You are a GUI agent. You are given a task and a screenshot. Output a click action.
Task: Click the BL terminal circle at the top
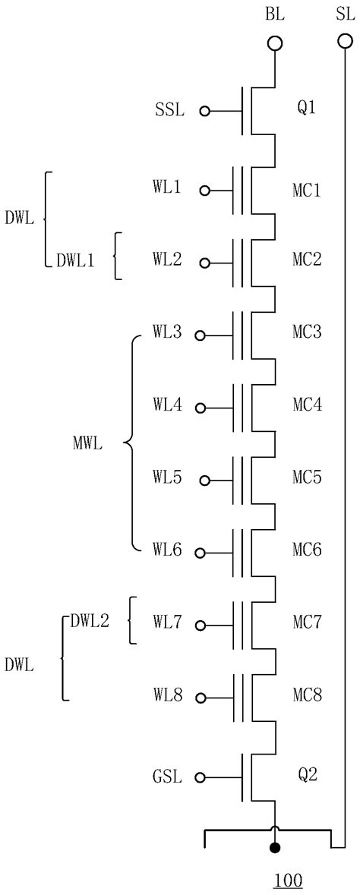[x=274, y=44]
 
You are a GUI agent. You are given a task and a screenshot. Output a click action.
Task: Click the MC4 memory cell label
[x=307, y=405]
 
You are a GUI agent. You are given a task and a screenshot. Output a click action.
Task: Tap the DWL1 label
[x=75, y=260]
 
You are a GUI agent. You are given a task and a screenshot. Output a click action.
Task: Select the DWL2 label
[x=90, y=621]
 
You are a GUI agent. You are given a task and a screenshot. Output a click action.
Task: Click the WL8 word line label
[x=167, y=696]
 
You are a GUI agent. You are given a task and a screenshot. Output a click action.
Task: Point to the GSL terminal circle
[x=201, y=777]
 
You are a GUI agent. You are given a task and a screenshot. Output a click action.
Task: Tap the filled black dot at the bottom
[x=274, y=847]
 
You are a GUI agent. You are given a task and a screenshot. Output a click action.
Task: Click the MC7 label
[x=307, y=623]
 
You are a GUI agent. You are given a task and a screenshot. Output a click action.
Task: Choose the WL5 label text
[x=167, y=478]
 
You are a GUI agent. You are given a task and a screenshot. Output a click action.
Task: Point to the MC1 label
[x=307, y=189]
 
